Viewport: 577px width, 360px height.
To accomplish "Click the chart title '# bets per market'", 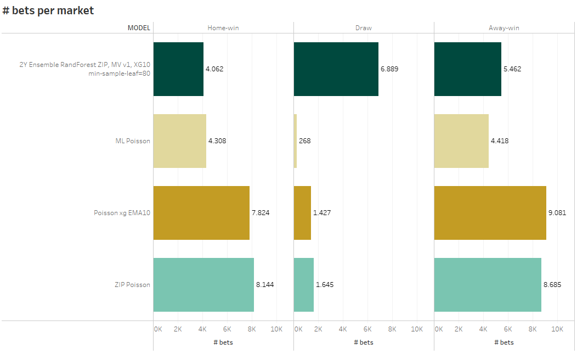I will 48,10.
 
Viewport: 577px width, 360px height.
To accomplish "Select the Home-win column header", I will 223,27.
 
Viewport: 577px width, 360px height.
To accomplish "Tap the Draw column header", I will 364,27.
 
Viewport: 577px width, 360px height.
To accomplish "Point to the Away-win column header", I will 504,27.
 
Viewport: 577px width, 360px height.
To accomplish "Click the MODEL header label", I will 139,27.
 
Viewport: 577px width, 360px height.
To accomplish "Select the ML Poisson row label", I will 133,141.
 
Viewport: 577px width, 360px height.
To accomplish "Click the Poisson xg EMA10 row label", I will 122,213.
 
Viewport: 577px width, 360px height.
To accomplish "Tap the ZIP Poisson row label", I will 132,285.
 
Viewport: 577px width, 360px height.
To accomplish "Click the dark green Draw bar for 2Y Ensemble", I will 336,69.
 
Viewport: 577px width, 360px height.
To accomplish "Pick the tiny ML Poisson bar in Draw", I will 295,141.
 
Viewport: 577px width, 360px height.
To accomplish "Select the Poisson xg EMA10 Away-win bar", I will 490,213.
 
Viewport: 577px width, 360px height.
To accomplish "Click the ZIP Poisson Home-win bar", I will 203,285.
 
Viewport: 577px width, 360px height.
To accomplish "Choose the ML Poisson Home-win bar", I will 179,141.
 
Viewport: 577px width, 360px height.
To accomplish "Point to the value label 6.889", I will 389,69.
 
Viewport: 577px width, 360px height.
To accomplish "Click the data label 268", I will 305,141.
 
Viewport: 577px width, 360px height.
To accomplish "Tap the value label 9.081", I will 557,213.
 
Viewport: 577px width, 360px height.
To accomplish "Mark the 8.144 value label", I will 265,285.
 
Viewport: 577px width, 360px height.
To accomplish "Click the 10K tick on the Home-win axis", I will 276,329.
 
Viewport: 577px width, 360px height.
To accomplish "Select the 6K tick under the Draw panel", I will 367,329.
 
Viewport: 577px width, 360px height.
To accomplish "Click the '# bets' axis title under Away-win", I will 504,342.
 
